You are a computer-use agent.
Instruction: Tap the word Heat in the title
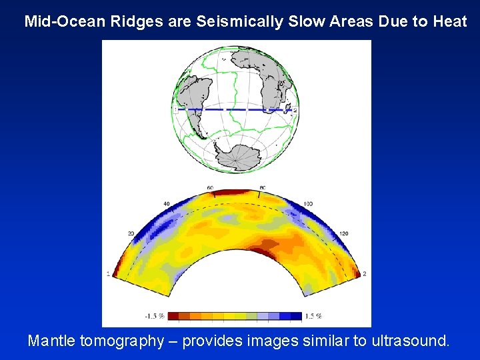[449, 21]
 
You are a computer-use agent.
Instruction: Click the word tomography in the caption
[122, 341]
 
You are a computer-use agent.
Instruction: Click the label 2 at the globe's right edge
[295, 109]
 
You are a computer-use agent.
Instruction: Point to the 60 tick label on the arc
[210, 189]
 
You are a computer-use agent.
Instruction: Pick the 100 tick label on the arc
[308, 203]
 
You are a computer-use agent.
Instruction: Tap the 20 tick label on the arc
[131, 234]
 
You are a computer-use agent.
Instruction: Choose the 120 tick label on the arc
[343, 234]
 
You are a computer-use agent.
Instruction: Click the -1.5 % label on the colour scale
[155, 316]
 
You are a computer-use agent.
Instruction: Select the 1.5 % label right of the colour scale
[313, 316]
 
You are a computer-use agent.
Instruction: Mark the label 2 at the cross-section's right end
[364, 274]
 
